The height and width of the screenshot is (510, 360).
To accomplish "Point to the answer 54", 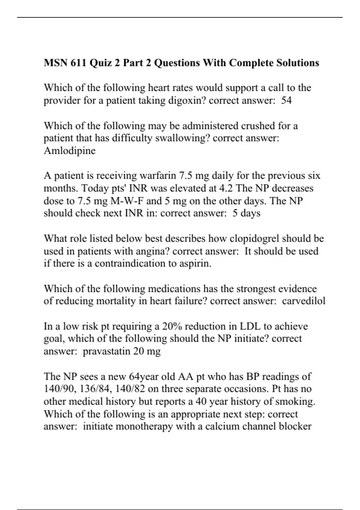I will (286, 100).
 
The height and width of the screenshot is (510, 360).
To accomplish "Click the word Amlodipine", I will (70, 151).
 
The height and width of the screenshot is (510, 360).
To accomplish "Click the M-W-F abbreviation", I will (127, 201).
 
